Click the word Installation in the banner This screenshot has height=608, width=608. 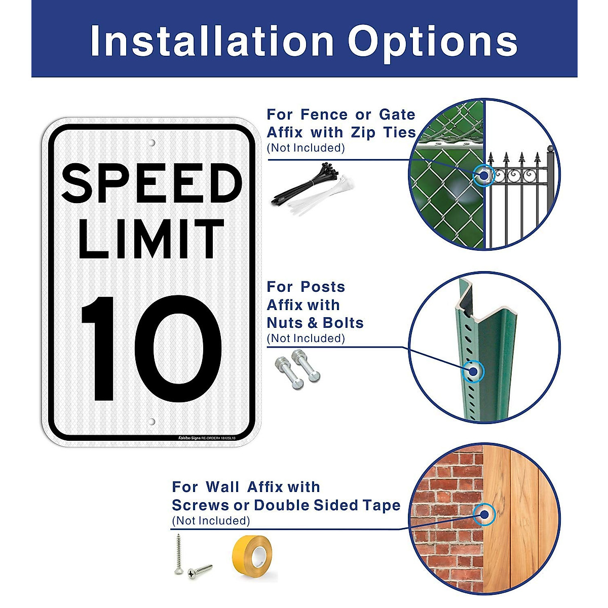point(212,42)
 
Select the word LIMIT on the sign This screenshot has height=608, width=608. point(151,239)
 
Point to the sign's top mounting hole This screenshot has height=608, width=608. point(151,143)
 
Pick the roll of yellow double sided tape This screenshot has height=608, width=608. point(252,554)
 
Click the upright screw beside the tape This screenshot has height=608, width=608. point(178,554)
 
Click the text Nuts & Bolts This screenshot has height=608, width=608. point(315,323)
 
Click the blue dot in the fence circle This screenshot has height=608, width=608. point(484,175)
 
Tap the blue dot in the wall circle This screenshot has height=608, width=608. point(484,514)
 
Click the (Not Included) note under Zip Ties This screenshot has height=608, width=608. point(306,148)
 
